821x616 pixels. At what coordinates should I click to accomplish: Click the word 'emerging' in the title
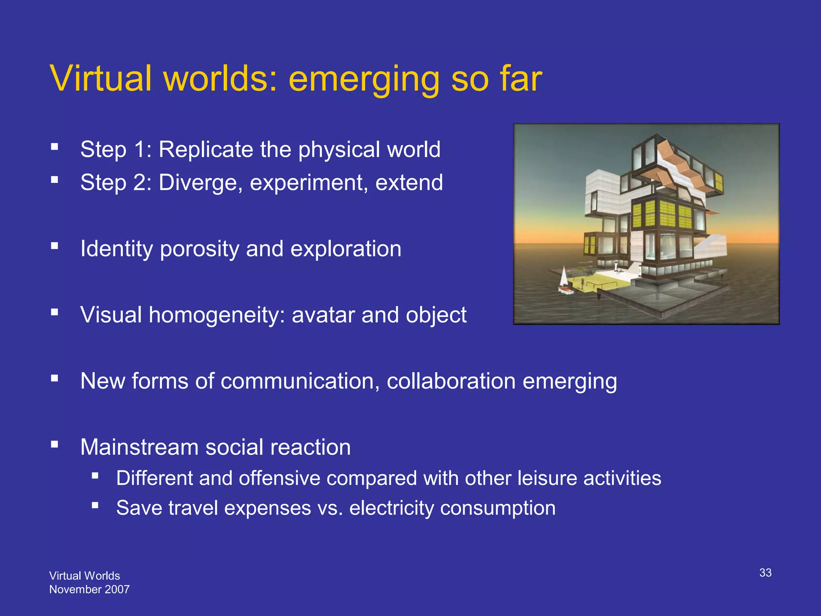(364, 79)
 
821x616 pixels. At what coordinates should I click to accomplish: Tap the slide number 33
(765, 573)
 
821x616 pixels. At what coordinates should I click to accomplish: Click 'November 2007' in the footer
(89, 589)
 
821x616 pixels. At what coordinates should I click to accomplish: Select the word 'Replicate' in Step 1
(206, 150)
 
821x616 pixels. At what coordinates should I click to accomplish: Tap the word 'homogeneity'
(216, 315)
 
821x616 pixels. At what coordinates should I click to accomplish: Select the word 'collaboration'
(451, 381)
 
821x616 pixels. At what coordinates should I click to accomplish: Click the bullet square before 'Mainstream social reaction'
(55, 444)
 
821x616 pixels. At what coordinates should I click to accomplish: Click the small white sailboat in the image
(564, 281)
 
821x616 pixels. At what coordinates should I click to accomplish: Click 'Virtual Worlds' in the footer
(85, 575)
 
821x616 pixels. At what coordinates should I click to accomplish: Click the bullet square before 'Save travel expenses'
(95, 505)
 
